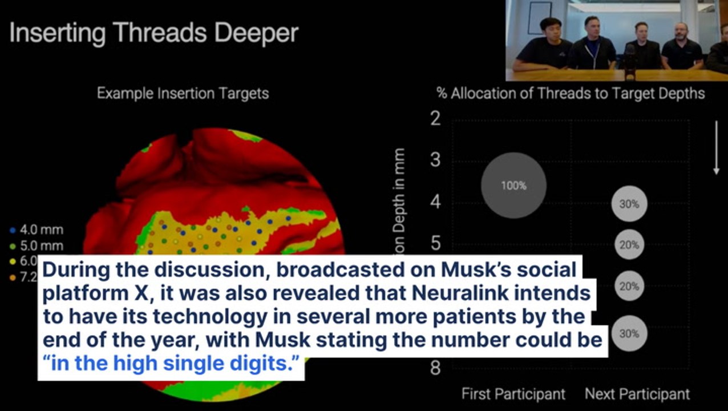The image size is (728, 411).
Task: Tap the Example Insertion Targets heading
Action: pyautogui.click(x=183, y=93)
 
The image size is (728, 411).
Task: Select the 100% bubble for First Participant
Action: pyautogui.click(x=513, y=186)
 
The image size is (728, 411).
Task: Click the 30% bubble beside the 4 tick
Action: pyautogui.click(x=629, y=203)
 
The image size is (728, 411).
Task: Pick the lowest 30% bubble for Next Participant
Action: pyautogui.click(x=629, y=333)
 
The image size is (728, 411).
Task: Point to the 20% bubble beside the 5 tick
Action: pyautogui.click(x=629, y=245)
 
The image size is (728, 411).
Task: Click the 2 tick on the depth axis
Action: pyautogui.click(x=435, y=119)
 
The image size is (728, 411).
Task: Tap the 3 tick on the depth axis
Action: pyautogui.click(x=435, y=160)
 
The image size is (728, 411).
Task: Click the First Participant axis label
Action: pyautogui.click(x=513, y=394)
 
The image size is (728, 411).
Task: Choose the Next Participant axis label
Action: pyautogui.click(x=637, y=394)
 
